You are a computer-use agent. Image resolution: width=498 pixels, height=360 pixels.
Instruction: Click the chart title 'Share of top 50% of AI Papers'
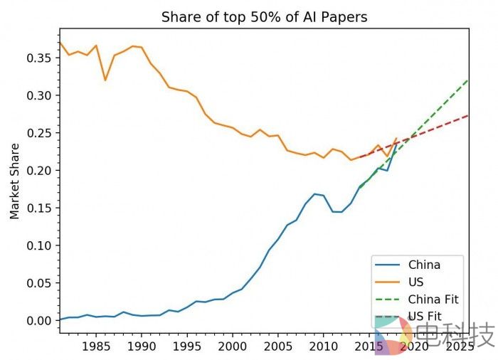[x=264, y=16]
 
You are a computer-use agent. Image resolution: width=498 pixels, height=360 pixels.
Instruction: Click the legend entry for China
[x=424, y=265]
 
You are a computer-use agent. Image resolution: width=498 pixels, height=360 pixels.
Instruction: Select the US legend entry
[x=415, y=282]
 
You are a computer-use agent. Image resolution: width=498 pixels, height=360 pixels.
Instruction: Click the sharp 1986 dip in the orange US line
[x=105, y=80]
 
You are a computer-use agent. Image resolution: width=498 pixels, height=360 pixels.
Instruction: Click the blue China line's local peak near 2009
[x=314, y=194]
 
